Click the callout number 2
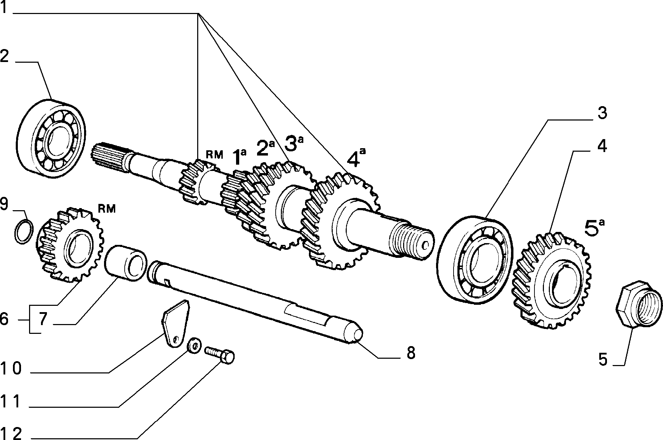pos(5,56)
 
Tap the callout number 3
pos(602,114)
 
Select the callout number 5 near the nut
pos(602,360)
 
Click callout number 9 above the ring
pos(4,205)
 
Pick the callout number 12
pos(11,433)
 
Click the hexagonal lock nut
pos(639,304)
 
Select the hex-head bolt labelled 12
pos(220,355)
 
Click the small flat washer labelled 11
pos(193,346)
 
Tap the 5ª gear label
pos(595,228)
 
